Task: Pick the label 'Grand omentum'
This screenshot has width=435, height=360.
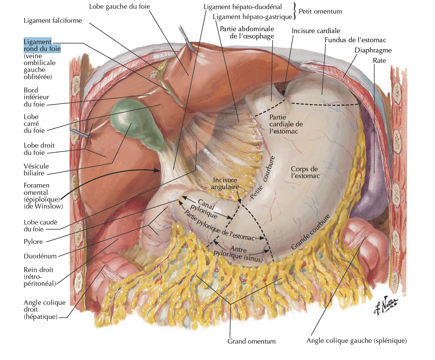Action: point(251,341)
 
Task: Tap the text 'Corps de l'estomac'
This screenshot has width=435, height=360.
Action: point(305,172)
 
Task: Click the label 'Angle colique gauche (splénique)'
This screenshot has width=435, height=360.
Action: point(356,341)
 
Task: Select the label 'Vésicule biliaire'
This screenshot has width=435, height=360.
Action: point(36,169)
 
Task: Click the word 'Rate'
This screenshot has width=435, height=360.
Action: point(379,61)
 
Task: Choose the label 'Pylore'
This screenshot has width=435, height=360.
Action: point(33,242)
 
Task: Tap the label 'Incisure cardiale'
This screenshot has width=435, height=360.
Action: point(316,30)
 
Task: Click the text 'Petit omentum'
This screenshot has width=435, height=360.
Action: point(320,11)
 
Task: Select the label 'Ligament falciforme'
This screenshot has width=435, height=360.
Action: point(52,21)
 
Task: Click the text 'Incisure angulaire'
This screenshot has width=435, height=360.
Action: point(226,183)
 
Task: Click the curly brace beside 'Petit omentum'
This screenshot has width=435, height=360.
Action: point(295,12)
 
